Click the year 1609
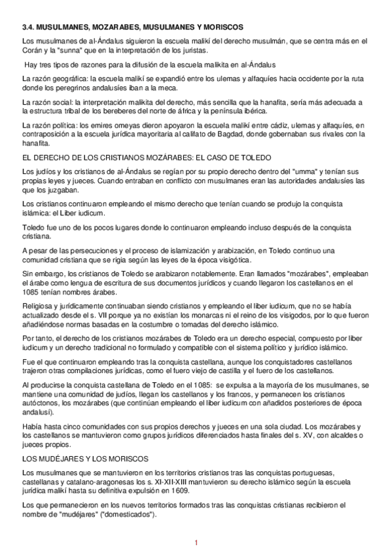181,490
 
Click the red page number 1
195,543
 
